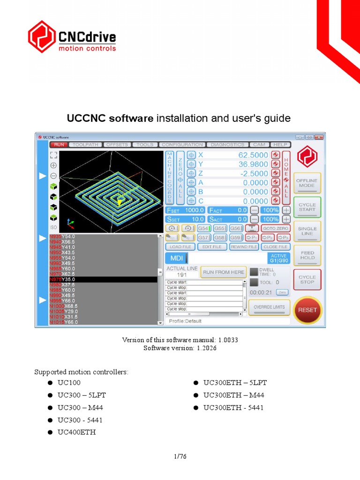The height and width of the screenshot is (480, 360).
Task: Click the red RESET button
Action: click(x=307, y=310)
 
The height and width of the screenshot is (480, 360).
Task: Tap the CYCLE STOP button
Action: click(x=307, y=279)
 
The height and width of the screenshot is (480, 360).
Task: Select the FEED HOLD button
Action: click(x=307, y=255)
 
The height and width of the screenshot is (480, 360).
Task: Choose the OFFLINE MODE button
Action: click(x=307, y=183)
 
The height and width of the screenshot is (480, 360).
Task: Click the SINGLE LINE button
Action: click(x=307, y=231)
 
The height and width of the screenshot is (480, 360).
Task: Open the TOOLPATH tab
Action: click(x=86, y=145)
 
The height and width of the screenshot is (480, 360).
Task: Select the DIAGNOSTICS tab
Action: click(x=227, y=145)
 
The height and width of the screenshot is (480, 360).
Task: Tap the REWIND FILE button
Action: click(x=244, y=247)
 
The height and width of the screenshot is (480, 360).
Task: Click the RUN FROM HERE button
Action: click(x=224, y=272)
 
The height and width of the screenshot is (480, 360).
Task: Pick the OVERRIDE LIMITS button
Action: click(x=269, y=307)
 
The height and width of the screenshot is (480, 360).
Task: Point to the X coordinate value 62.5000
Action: click(x=253, y=155)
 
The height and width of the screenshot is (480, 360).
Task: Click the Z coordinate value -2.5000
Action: click(x=253, y=173)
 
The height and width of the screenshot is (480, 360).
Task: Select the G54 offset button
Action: click(x=203, y=228)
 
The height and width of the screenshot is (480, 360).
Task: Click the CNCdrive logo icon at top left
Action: click(x=42, y=37)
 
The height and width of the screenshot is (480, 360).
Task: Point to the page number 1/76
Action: click(x=180, y=456)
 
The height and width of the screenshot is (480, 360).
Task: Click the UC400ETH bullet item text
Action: click(x=76, y=432)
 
